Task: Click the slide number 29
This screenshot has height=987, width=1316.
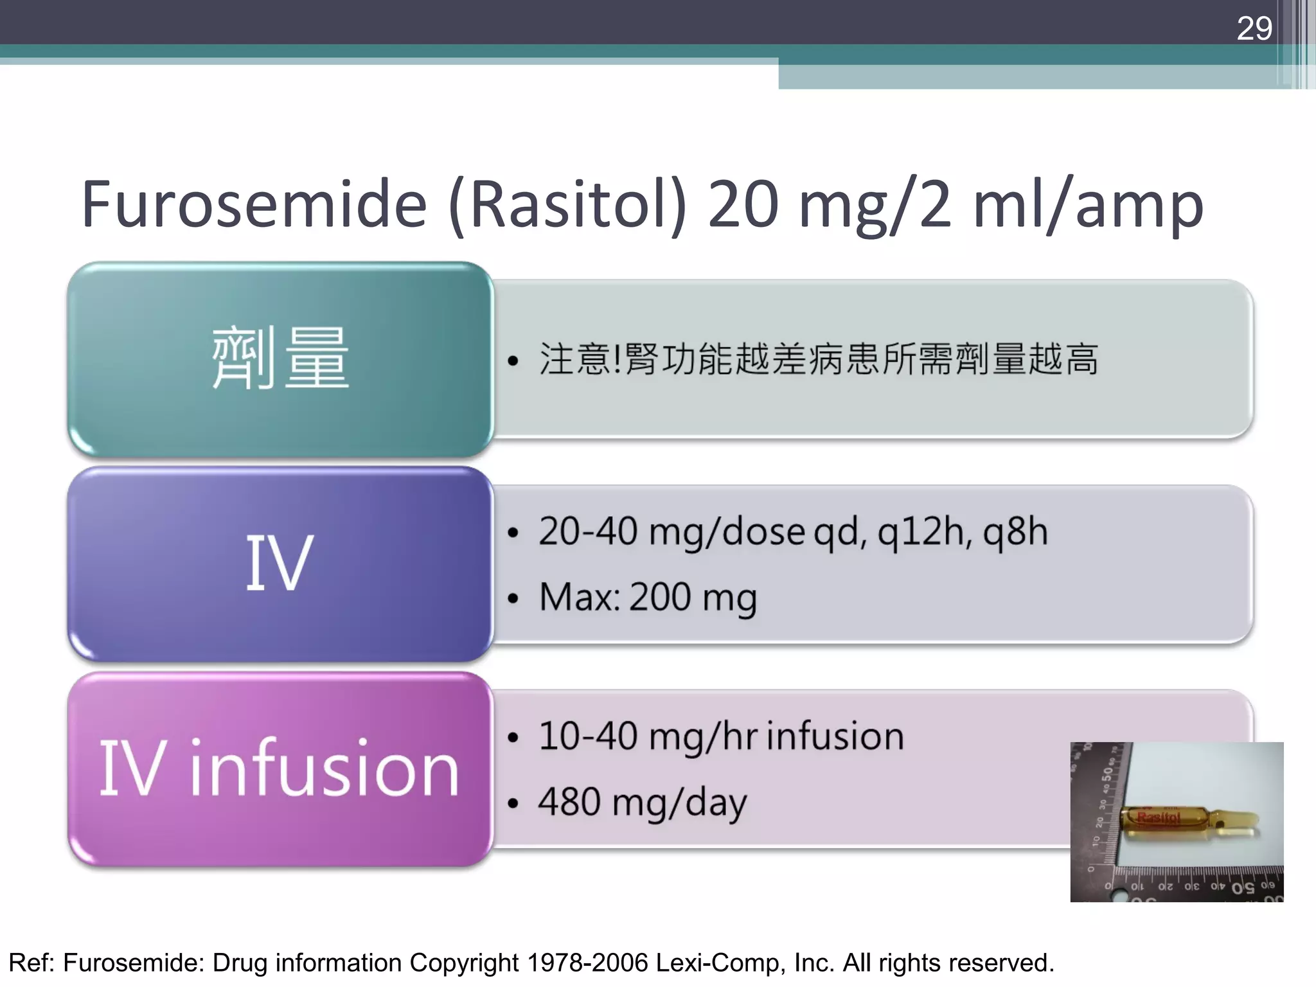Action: tap(1254, 28)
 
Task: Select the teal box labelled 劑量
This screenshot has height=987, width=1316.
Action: tap(280, 359)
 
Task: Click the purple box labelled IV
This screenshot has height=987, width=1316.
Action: tap(280, 564)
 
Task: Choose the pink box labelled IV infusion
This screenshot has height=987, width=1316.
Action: tap(280, 769)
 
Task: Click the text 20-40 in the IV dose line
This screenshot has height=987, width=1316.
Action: tap(588, 532)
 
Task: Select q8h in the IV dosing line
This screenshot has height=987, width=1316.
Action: tap(1015, 532)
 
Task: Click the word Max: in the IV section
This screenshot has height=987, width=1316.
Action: tap(580, 597)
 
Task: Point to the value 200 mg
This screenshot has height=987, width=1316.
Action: tap(693, 598)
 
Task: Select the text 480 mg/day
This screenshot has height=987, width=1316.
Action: tap(643, 803)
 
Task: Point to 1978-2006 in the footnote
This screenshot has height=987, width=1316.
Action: tap(588, 963)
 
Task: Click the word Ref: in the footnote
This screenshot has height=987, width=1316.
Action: tap(33, 963)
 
